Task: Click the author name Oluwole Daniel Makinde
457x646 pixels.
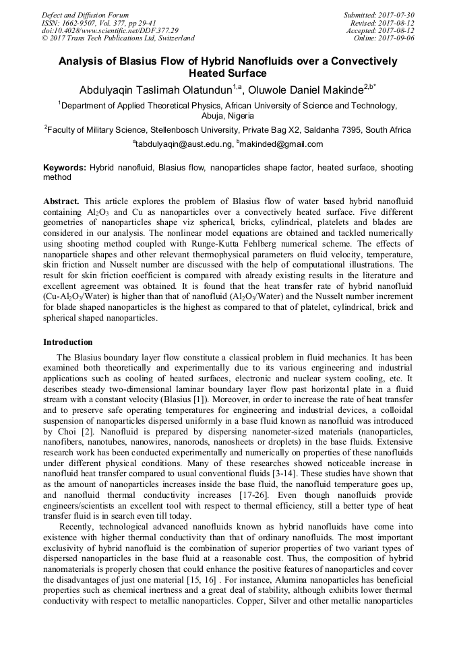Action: pos(310,89)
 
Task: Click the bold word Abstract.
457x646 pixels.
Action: pos(62,201)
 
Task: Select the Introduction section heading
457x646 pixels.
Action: pos(68,342)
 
